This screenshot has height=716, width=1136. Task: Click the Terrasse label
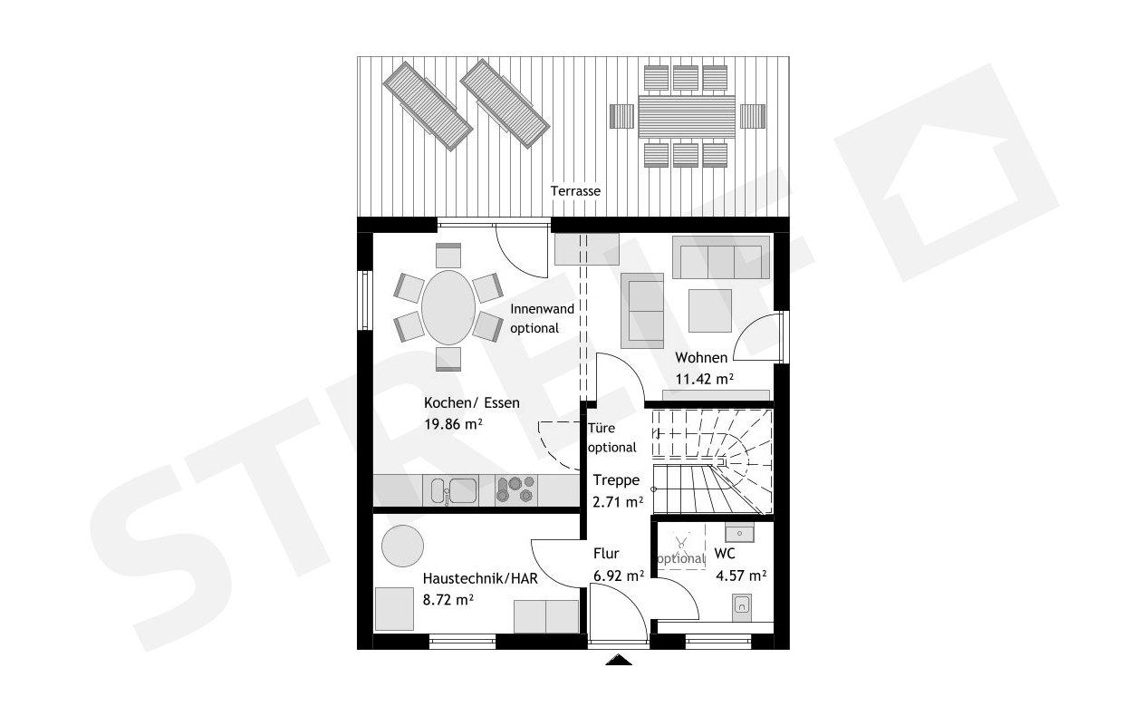click(x=575, y=191)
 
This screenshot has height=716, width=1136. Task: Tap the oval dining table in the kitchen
click(x=448, y=307)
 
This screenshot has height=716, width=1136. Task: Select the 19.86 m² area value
click(x=453, y=423)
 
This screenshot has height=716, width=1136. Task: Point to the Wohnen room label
click(x=701, y=358)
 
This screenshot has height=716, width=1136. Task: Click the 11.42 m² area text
click(x=704, y=380)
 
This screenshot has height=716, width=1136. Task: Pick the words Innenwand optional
click(x=542, y=318)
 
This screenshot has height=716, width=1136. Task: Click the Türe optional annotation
click(x=612, y=438)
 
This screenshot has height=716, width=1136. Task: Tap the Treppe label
click(x=616, y=480)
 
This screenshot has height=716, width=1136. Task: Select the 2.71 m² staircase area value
click(x=618, y=500)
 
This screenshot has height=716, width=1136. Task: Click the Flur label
click(x=606, y=554)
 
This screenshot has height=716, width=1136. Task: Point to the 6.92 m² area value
click(x=618, y=575)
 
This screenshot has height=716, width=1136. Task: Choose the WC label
click(x=724, y=554)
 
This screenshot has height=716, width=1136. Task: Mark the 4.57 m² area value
click(x=741, y=575)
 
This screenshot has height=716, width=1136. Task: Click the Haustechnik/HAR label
click(x=482, y=577)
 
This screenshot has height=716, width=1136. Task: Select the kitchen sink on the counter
click(x=449, y=490)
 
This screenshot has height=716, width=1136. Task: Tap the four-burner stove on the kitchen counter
click(x=515, y=490)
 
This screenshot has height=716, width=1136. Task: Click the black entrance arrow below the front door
click(x=619, y=660)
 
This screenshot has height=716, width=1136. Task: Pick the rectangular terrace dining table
click(x=688, y=116)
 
